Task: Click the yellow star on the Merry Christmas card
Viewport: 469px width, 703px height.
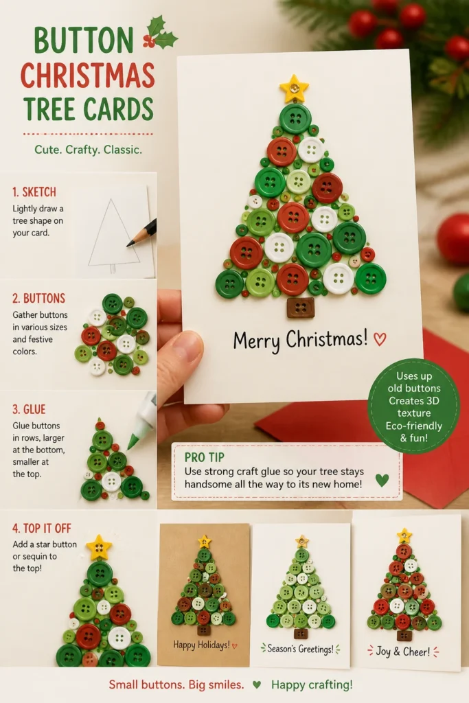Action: (294, 89)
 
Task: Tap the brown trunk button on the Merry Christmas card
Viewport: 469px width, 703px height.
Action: (300, 307)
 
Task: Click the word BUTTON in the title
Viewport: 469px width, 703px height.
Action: (84, 41)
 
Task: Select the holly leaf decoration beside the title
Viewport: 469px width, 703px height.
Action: (160, 33)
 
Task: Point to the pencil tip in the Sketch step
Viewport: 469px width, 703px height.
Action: (128, 245)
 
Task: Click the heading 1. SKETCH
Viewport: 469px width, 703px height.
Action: (34, 192)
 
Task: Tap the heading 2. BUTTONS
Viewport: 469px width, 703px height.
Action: (39, 298)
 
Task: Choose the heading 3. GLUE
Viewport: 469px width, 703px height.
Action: (29, 409)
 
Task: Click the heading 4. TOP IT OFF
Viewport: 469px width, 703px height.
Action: (42, 528)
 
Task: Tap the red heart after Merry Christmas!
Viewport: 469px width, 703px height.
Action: (380, 339)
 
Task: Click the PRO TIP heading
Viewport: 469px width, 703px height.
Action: (205, 457)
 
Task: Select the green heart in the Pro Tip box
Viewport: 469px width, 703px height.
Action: (382, 480)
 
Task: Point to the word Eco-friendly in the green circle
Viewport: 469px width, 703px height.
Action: (414, 426)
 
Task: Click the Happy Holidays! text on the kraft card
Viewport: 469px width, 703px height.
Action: (201, 645)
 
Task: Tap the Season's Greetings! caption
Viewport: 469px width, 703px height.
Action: (300, 649)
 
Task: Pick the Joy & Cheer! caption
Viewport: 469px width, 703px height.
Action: (402, 652)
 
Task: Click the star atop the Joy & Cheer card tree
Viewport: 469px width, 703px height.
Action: (404, 535)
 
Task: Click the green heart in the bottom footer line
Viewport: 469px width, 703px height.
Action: (257, 684)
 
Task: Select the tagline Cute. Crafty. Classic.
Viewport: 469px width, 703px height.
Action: (89, 149)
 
